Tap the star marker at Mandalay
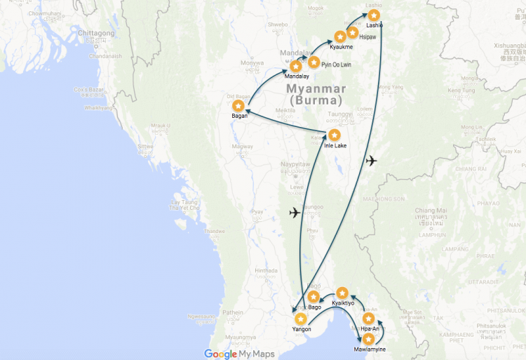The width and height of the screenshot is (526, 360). pyautogui.click(x=296, y=66)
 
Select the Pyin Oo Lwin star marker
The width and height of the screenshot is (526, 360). pyautogui.click(x=313, y=62)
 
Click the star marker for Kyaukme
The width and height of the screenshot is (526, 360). pyautogui.click(x=339, y=36)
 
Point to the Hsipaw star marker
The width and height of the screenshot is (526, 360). pyautogui.click(x=353, y=32)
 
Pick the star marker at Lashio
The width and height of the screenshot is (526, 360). pyautogui.click(x=375, y=15)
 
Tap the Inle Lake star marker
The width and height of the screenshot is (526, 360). pyautogui.click(x=335, y=135)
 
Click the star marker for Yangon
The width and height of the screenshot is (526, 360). pyautogui.click(x=300, y=319)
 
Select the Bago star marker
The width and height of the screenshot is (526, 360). pyautogui.click(x=313, y=297)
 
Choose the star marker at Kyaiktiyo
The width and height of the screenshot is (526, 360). pyautogui.click(x=342, y=293)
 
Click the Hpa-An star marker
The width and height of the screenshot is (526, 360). pyautogui.click(x=368, y=319)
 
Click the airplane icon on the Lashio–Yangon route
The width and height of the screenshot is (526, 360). pyautogui.click(x=371, y=160)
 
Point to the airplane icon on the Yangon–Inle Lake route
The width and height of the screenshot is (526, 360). pyautogui.click(x=295, y=212)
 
